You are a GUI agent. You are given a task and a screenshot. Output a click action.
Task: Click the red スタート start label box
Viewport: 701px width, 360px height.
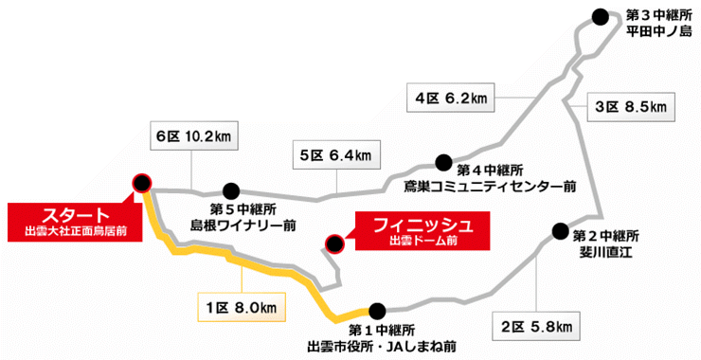(66, 219)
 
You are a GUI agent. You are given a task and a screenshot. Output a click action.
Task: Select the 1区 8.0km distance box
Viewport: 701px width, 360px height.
(241, 307)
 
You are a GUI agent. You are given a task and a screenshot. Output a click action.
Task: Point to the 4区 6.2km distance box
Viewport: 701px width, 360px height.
(451, 97)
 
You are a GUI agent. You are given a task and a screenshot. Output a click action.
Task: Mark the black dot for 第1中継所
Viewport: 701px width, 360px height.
(378, 310)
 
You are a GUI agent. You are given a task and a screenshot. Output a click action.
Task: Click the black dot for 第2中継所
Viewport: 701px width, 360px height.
(559, 230)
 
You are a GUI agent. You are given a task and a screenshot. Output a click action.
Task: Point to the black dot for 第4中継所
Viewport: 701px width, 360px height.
(442, 162)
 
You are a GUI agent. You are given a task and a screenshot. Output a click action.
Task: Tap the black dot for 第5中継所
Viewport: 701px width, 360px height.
(230, 189)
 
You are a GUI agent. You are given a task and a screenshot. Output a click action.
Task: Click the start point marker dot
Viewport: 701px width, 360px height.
(142, 182)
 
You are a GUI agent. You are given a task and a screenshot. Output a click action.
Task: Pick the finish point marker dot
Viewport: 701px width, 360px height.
(333, 244)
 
